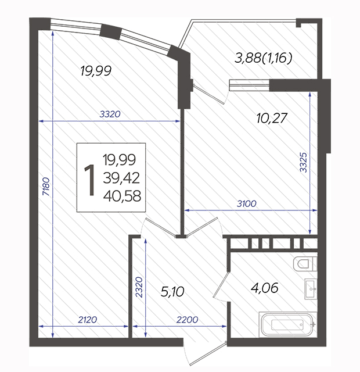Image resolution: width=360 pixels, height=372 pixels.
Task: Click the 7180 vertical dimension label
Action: pyautogui.click(x=46, y=187)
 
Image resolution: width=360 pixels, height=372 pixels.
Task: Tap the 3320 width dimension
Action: pyautogui.click(x=110, y=115)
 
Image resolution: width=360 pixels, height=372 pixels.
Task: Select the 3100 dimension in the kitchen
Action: pyautogui.click(x=247, y=203)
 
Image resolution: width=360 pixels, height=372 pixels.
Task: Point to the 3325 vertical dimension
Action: pyautogui.click(x=303, y=162)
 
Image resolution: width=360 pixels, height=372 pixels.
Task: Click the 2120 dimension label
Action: pyautogui.click(x=88, y=320)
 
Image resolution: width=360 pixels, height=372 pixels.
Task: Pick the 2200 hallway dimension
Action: pyautogui.click(x=187, y=320)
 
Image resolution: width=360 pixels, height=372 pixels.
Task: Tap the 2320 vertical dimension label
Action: pyautogui.click(x=139, y=287)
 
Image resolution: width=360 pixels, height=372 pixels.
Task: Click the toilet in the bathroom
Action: pyautogui.click(x=305, y=263)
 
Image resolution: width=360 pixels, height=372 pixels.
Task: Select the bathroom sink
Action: pyautogui.click(x=311, y=289)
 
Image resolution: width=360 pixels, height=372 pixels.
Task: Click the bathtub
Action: pyautogui.click(x=288, y=324)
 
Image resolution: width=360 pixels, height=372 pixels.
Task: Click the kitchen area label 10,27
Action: pyautogui.click(x=272, y=118)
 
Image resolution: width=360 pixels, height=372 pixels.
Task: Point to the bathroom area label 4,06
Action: pyautogui.click(x=265, y=288)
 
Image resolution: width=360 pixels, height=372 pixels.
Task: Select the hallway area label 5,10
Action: pyautogui.click(x=172, y=292)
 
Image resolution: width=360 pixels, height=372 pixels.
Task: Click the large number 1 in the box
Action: pyautogui.click(x=89, y=180)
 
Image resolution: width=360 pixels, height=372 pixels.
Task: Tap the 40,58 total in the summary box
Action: pyautogui.click(x=122, y=196)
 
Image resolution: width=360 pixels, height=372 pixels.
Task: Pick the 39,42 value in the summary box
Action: pyautogui.click(x=121, y=178)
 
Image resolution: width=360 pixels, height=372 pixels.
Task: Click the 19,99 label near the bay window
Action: pyautogui.click(x=96, y=71)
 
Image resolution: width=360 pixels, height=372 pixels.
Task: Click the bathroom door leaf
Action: pyautogui.click(x=221, y=284)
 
